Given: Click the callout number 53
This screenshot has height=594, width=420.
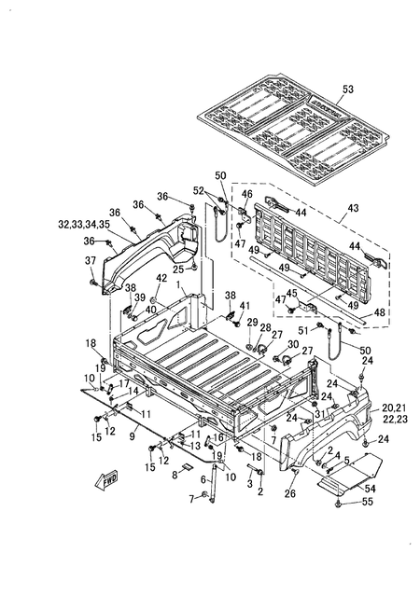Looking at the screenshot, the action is (x=347, y=90).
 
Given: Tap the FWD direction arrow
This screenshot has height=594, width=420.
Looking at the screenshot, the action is (x=105, y=480).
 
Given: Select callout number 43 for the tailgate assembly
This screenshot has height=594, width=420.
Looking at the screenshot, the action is (x=353, y=208).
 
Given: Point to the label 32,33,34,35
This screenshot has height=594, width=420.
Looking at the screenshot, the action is (x=84, y=224).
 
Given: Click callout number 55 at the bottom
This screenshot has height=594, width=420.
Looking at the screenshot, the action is (x=368, y=501).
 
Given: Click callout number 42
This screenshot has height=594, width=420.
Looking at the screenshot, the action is (x=161, y=278).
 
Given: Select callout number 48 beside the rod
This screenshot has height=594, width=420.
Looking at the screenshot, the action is (x=379, y=312).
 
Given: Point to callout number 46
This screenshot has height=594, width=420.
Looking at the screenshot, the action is (x=247, y=194).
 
